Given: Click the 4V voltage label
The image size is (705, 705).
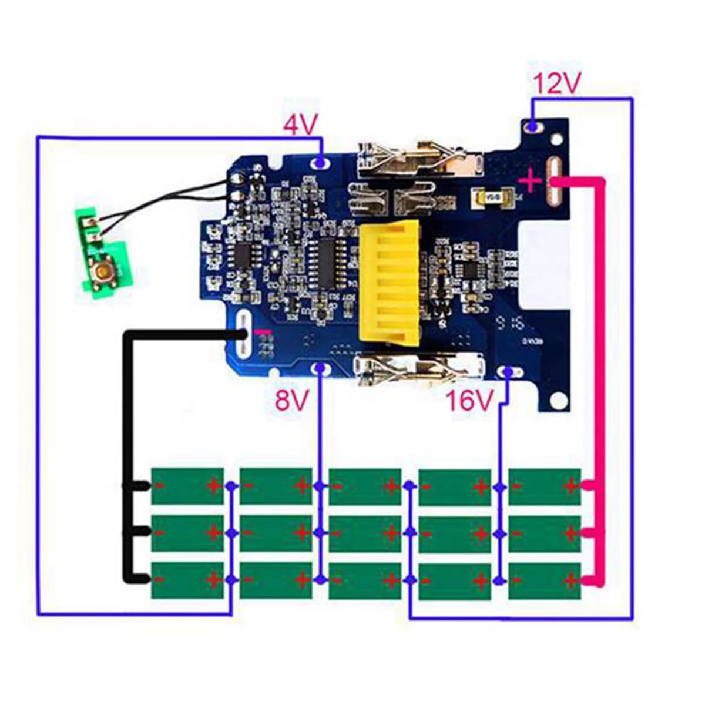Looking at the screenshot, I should (x=300, y=125).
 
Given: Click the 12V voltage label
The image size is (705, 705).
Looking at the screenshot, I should (x=556, y=85).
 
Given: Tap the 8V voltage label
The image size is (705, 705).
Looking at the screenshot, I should (x=292, y=401).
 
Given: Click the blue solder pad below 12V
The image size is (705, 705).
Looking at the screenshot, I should (x=533, y=126).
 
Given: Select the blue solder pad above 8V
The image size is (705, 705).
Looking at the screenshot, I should (x=320, y=368).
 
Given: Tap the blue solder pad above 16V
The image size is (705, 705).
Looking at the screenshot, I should (x=509, y=371).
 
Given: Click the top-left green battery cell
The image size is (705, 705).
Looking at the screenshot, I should (x=187, y=486).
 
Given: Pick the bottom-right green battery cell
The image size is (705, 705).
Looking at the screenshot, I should (x=544, y=581).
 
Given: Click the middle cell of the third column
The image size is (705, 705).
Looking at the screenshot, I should (x=365, y=533).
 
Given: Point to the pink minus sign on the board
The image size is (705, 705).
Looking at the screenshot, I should (x=263, y=332).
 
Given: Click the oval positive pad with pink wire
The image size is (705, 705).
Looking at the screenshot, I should (x=553, y=182).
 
